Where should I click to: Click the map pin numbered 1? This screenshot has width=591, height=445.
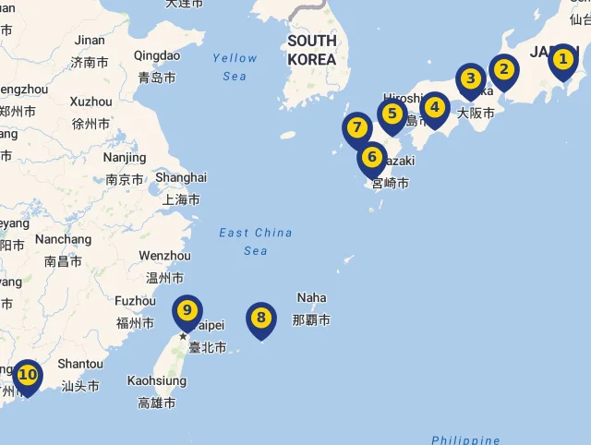[562, 62]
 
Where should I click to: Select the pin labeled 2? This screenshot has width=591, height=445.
[503, 69]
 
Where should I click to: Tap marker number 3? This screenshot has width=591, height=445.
[471, 79]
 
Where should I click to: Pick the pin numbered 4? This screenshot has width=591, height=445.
[435, 107]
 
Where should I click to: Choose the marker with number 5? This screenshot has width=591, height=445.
[392, 114]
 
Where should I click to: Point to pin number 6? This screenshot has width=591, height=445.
[372, 158]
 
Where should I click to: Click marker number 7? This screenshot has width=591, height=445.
[356, 127]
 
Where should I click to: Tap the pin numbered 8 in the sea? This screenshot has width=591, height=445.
[261, 319]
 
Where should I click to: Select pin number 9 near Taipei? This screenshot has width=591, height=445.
[187, 310]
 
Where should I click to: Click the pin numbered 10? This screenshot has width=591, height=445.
[28, 375]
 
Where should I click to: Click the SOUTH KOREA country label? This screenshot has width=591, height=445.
[311, 50]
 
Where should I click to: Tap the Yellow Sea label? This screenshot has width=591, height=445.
[235, 66]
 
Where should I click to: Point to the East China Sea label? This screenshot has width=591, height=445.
[256, 241]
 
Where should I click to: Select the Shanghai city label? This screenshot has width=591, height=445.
[181, 177]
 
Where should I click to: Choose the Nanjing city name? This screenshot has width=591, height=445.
[124, 158]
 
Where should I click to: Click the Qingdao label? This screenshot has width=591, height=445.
[157, 55]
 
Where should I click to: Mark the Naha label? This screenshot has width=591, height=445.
[311, 297]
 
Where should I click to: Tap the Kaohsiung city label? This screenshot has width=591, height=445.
[156, 380]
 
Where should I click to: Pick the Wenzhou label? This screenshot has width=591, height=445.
[164, 256]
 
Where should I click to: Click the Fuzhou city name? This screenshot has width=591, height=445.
[135, 301]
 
